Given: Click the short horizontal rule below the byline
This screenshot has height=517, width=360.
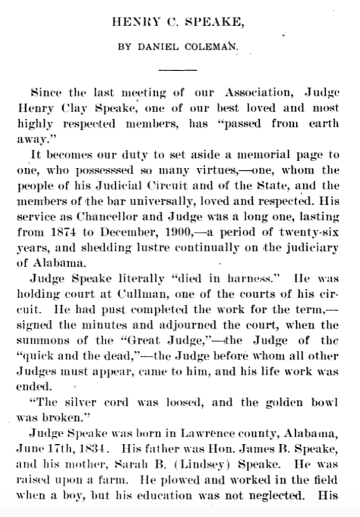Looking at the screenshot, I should pyautogui.click(x=177, y=68).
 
